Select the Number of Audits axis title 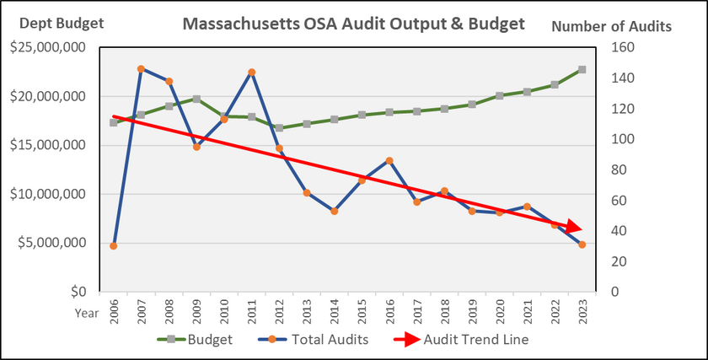pos(611,25)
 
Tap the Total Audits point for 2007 pos(141,69)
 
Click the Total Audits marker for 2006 pos(113,245)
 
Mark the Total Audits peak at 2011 pos(251,73)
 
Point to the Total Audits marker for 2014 pos(334,211)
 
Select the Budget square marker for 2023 pos(582,70)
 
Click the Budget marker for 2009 pos(196,99)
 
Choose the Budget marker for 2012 pos(279,128)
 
